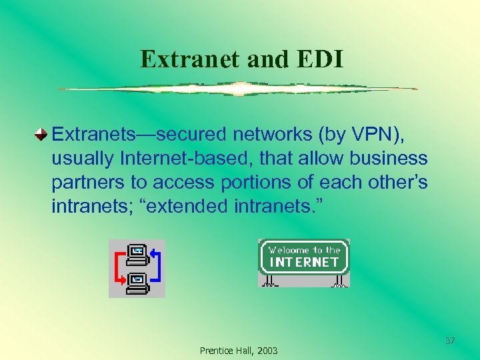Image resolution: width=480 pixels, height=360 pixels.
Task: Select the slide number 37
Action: [x=450, y=341]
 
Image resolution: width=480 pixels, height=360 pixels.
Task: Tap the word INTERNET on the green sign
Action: [x=303, y=262]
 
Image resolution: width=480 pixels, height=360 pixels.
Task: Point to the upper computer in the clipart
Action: [x=137, y=253]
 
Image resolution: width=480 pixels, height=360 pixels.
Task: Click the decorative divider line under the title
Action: [x=237, y=89]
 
